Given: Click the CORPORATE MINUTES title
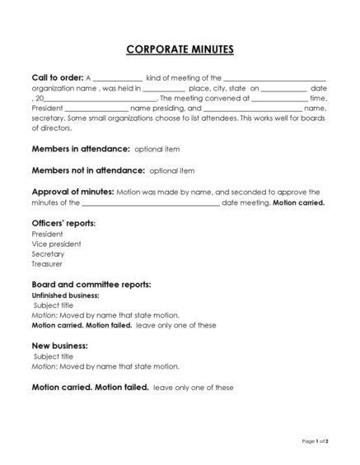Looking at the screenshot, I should tap(180, 50).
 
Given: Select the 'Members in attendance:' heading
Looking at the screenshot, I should tap(81, 150).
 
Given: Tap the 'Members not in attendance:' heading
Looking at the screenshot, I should tap(88, 170).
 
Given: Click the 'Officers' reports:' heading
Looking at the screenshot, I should tap(63, 223).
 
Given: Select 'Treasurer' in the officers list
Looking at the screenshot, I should tap(47, 264).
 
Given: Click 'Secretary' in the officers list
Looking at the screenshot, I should tap(48, 254).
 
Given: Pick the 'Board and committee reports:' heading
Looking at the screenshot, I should tap(91, 285).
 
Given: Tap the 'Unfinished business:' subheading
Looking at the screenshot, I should tap(65, 295).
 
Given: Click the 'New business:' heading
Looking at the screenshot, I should tap(59, 346).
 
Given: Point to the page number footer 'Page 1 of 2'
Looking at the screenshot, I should tap(316, 442).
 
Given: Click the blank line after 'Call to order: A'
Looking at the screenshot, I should tap(118, 79).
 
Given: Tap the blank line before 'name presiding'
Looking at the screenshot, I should tap(96, 109).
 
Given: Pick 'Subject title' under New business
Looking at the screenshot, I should tap(54, 356).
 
